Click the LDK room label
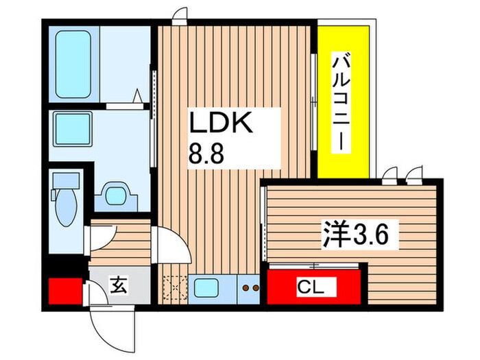221,126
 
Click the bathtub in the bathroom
71,61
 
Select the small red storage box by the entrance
64,289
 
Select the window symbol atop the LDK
180,16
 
